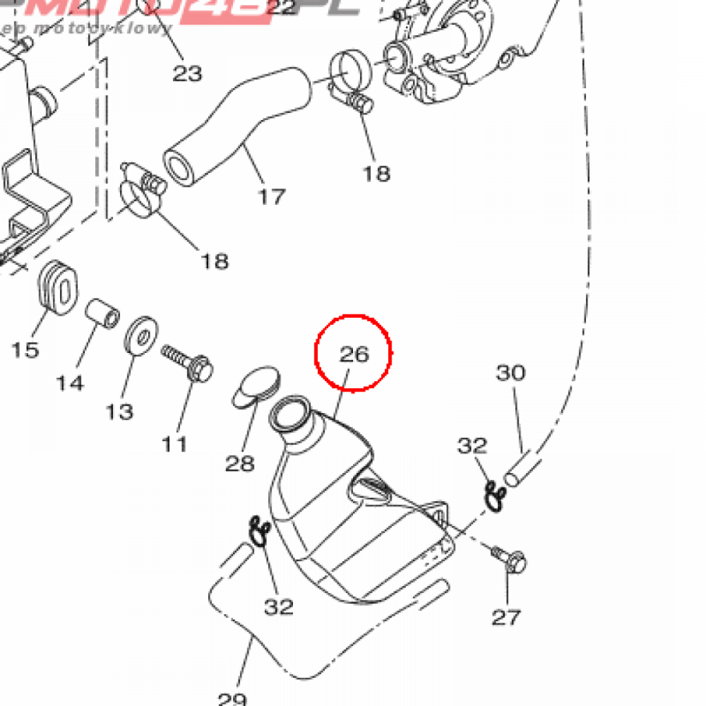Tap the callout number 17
point(271,196)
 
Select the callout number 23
point(187,73)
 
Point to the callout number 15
point(25,350)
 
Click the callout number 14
point(70,382)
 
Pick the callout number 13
point(119,412)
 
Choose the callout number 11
point(174,443)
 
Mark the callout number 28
point(240,463)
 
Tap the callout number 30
point(510,373)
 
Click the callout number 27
point(506,617)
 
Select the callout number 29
point(232,698)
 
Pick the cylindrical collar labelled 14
point(102,314)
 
